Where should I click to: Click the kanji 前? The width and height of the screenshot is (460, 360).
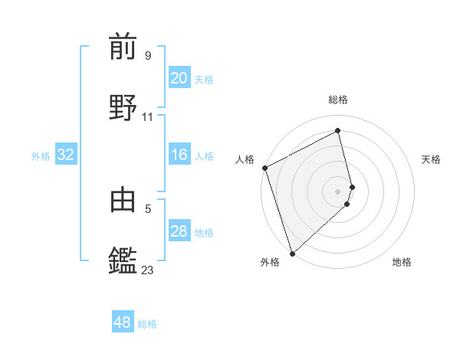click(x=123, y=47)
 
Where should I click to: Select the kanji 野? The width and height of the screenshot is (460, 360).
click(x=123, y=107)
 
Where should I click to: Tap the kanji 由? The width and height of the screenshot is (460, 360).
click(x=123, y=199)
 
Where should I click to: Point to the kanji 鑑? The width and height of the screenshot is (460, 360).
click(x=123, y=260)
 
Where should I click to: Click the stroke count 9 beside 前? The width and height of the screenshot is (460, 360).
click(x=147, y=55)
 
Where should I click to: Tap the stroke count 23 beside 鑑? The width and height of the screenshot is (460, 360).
click(x=147, y=270)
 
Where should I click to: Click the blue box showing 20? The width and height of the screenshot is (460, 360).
click(x=179, y=78)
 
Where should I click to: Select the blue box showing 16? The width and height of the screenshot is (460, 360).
click(x=179, y=155)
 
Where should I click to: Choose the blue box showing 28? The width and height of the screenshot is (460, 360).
click(x=179, y=231)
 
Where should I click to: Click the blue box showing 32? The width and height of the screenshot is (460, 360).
click(x=66, y=155)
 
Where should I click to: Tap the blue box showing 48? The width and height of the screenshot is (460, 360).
click(x=123, y=322)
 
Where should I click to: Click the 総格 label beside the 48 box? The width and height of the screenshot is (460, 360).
click(x=147, y=324)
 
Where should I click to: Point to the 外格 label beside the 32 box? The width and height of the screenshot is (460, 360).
click(x=41, y=156)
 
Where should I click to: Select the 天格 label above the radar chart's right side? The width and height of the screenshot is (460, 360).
click(x=431, y=159)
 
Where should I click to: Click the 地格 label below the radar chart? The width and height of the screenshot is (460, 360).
click(x=402, y=262)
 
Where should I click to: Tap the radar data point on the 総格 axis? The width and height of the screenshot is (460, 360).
click(x=338, y=131)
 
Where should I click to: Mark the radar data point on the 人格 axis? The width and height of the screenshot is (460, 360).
click(x=264, y=168)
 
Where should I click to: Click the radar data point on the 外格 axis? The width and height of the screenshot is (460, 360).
click(x=292, y=252)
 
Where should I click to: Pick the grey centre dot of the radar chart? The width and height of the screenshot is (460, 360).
click(x=338, y=191)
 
